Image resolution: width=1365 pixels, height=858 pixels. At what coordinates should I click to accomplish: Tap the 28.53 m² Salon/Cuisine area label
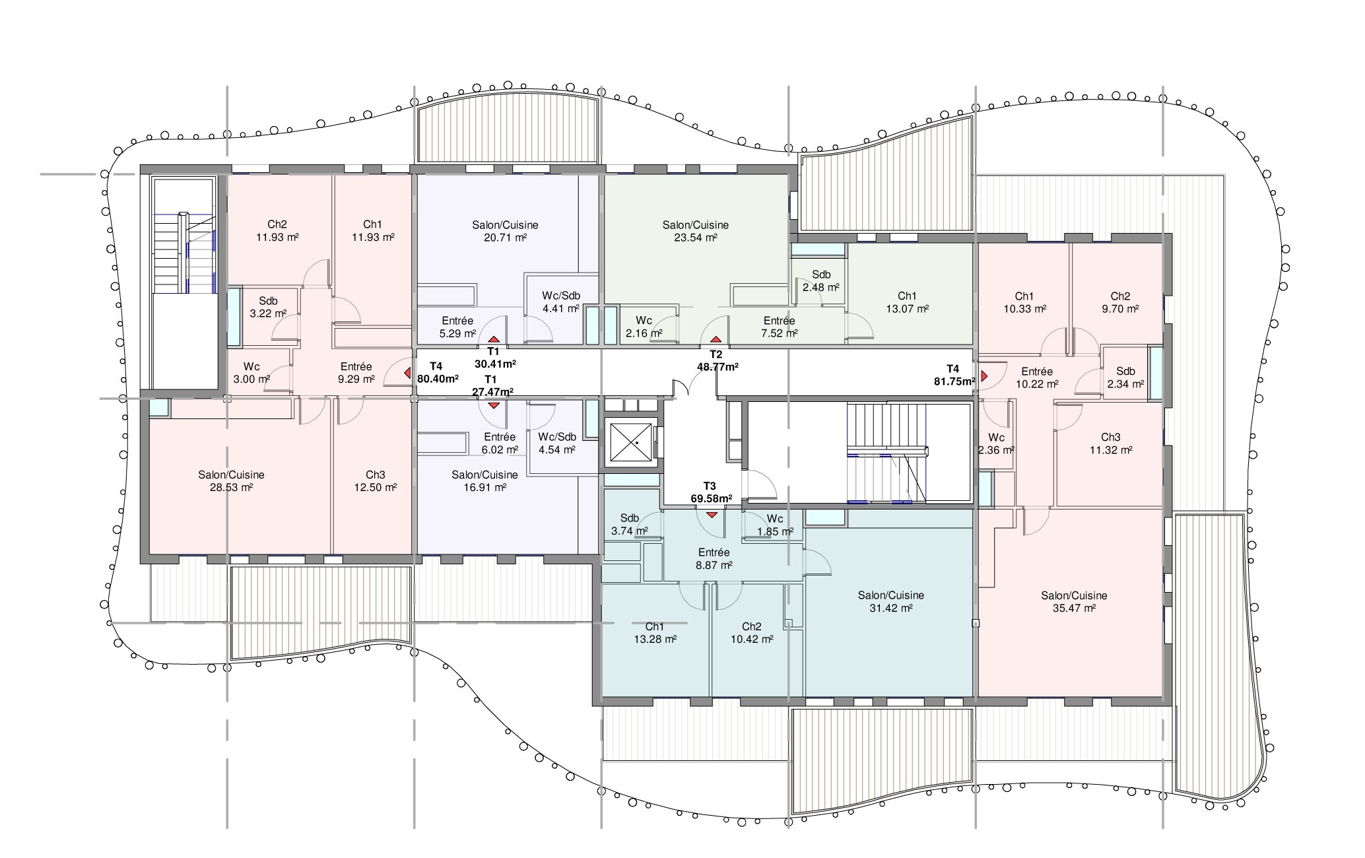(x=231, y=481)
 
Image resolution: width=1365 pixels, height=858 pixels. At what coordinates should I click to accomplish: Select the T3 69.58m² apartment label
(x=711, y=492)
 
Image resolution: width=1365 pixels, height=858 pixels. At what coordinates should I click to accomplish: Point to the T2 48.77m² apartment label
(x=717, y=360)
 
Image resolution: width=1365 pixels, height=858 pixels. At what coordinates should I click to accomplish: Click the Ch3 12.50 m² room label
(x=375, y=481)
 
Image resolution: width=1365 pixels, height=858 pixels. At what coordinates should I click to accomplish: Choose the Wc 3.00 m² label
(x=251, y=373)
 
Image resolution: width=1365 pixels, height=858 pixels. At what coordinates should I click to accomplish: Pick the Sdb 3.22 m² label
(x=268, y=308)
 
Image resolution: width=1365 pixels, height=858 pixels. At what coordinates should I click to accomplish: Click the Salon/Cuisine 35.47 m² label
(x=1074, y=602)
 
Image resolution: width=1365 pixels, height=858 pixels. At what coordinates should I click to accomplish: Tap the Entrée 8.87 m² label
(x=714, y=559)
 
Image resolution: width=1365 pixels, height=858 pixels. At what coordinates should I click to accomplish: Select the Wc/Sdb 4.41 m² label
(x=561, y=302)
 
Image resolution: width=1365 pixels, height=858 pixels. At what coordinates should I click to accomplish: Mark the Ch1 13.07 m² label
(x=907, y=302)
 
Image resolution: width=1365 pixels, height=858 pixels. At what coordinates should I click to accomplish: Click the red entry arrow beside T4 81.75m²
(x=984, y=376)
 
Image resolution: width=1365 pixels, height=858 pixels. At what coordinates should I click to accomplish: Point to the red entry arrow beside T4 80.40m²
(x=406, y=373)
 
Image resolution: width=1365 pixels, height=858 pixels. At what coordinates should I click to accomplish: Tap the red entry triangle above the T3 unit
(x=712, y=515)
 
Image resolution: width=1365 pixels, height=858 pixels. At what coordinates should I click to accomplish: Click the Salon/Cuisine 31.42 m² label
(x=890, y=602)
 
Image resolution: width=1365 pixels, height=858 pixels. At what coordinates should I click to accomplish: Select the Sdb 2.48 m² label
(x=821, y=281)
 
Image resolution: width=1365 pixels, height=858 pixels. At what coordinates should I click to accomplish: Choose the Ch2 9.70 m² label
(x=1120, y=302)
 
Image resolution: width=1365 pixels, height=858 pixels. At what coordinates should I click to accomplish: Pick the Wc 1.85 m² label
(x=775, y=525)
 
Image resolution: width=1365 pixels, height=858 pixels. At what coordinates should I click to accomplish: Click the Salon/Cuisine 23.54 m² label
(x=695, y=232)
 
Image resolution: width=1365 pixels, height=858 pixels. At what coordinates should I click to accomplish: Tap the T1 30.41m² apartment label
(x=494, y=358)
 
